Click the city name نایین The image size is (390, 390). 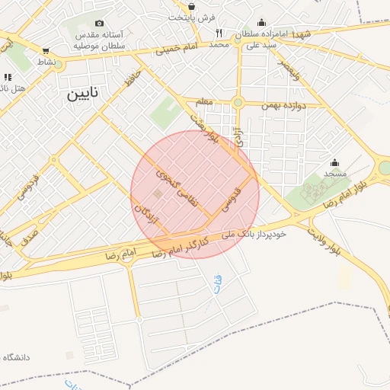(x=83, y=94)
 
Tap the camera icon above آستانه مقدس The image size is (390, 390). (x=100, y=24)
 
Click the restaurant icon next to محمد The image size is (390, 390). (x=219, y=33)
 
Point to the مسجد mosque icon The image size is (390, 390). (x=334, y=162)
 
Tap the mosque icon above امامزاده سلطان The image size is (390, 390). (x=261, y=23)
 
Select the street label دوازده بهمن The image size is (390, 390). (x=285, y=106)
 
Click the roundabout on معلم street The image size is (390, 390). (x=238, y=102)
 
